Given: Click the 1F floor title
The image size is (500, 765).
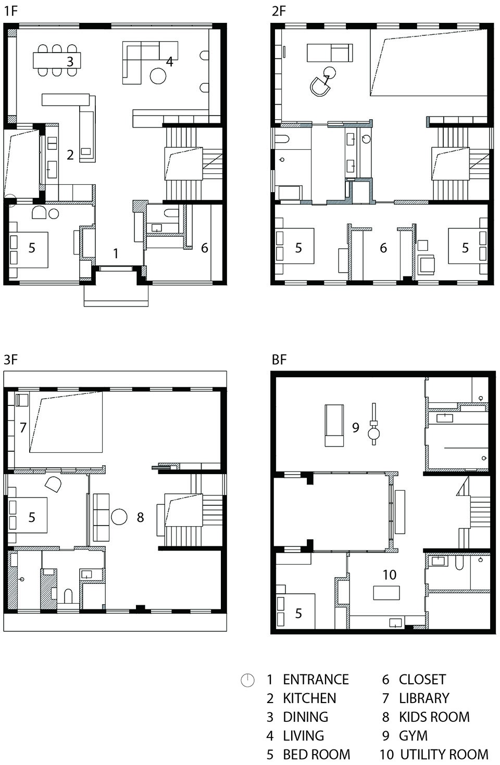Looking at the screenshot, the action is [10, 11].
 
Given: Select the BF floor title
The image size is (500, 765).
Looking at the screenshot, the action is [279, 360].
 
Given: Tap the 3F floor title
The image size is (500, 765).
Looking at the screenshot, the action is [10, 360].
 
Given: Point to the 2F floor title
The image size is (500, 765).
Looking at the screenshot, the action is [279, 11].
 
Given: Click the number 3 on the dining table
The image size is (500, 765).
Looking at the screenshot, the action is [70, 61].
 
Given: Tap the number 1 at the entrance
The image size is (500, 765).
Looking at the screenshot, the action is [116, 253].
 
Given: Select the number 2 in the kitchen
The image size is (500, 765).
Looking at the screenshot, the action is [70, 155].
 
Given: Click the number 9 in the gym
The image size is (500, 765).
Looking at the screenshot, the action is [355, 427].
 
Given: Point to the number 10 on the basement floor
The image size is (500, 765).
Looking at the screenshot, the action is [389, 575].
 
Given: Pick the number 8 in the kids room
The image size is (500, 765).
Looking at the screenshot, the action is [140, 517].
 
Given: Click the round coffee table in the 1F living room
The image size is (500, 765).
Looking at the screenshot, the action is [158, 76].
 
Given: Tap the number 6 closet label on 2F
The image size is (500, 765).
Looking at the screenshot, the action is [383, 248].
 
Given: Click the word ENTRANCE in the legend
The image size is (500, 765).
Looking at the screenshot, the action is [316, 680].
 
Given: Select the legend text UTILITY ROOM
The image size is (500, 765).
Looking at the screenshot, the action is [444, 755].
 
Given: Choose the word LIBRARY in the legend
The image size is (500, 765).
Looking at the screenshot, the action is [424, 698].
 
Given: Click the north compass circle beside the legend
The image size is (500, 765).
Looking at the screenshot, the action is [247, 680].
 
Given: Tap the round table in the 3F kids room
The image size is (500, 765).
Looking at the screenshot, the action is [119, 517].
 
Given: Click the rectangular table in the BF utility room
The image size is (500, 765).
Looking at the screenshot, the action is [386, 593].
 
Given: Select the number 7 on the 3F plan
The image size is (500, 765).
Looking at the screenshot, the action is [23, 427].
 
